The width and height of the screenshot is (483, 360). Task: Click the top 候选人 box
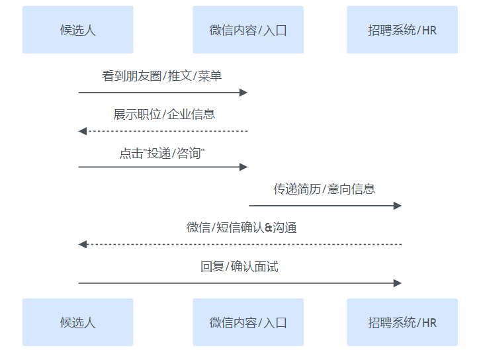point(78,30)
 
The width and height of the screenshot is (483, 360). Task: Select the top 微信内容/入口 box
point(248,30)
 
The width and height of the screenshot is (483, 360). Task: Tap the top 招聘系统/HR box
point(402,30)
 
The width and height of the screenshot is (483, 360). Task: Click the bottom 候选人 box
point(78,322)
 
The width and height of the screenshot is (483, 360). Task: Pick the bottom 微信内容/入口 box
point(248,322)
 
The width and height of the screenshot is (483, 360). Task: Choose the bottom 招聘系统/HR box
point(402,322)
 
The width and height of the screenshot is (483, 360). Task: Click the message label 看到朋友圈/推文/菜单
point(162,76)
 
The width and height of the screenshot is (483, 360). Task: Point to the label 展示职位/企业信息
point(164,114)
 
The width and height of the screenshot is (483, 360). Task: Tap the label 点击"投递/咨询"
point(162,153)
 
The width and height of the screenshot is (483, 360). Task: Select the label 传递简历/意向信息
point(324,189)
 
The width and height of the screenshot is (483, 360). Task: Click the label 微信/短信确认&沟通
point(241,228)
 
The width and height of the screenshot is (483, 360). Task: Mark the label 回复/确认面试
point(240,267)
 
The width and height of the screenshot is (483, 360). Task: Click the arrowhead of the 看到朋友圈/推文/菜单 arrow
point(243,93)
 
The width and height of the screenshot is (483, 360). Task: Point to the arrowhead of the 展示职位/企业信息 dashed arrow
point(83,131)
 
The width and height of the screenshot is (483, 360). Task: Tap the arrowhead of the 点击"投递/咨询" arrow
point(243,167)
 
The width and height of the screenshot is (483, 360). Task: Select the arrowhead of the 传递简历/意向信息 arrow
point(398,206)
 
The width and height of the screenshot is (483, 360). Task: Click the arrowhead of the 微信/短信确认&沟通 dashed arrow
point(83,244)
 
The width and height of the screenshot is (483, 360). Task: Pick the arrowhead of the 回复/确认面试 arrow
point(398,283)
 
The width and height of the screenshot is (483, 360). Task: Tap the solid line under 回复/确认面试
point(238,283)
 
